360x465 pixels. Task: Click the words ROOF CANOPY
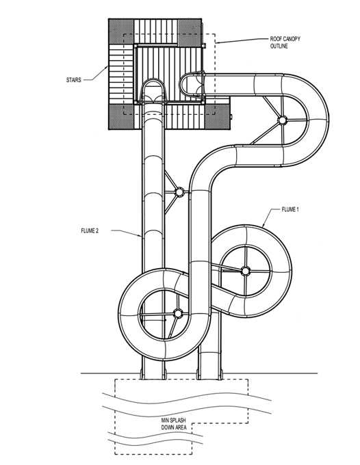pos(285,39)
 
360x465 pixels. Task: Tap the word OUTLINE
pos(279,46)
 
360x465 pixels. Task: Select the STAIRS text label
pos(73,80)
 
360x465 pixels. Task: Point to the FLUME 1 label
pos(290,209)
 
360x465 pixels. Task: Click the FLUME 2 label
pos(90,230)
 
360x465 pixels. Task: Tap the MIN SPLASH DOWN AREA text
pos(174,424)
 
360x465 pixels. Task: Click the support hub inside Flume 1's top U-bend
pos(282,120)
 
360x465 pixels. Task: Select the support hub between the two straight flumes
pos(179,192)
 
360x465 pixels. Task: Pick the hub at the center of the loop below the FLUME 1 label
pos(246,271)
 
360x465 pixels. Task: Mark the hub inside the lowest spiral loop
pos(177,313)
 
